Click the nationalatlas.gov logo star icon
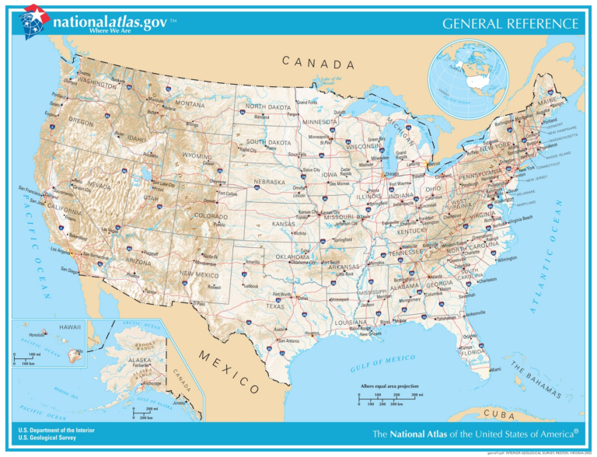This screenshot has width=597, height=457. click(35, 18)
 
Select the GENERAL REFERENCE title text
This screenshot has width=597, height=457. click(510, 24)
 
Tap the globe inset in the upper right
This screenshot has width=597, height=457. click(468, 73)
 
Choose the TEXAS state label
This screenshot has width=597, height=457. click(276, 306)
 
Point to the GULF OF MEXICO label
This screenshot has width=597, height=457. click(383, 361)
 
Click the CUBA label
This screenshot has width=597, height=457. click(499, 413)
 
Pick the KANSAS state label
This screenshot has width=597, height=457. click(283, 224)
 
